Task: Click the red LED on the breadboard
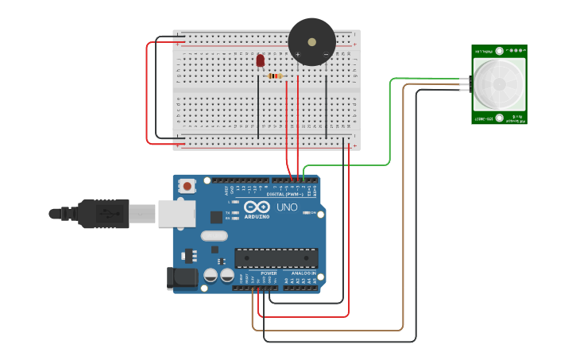tap(260, 60)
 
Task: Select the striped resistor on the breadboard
tap(276, 76)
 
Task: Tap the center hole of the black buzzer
tap(311, 41)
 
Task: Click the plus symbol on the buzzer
tap(298, 55)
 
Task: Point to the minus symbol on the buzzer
tap(326, 55)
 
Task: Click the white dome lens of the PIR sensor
tap(499, 84)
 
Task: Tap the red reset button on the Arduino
tap(187, 186)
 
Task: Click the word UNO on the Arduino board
tap(286, 207)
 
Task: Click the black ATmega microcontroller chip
tap(276, 257)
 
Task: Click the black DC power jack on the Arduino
tap(182, 277)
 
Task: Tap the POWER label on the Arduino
tap(269, 273)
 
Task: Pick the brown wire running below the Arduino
tap(334, 330)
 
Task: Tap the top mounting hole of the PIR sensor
tap(499, 52)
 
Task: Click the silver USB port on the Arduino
tap(176, 213)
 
